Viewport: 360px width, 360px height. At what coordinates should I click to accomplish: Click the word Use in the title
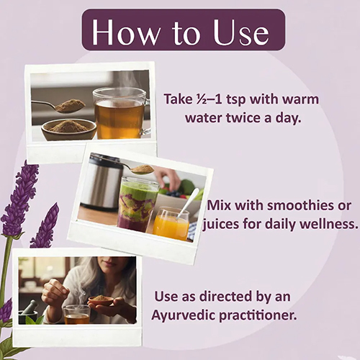coord(241,32)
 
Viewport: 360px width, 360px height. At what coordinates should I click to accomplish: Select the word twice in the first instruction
coord(243,118)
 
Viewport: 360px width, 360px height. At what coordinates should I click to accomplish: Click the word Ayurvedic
coord(184,315)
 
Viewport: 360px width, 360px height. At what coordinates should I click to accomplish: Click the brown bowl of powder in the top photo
coord(69,130)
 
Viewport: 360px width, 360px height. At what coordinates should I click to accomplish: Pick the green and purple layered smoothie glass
coord(138,204)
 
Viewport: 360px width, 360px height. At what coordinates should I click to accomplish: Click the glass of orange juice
coord(171,224)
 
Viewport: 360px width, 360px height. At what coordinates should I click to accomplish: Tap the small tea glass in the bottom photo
coord(77,315)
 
